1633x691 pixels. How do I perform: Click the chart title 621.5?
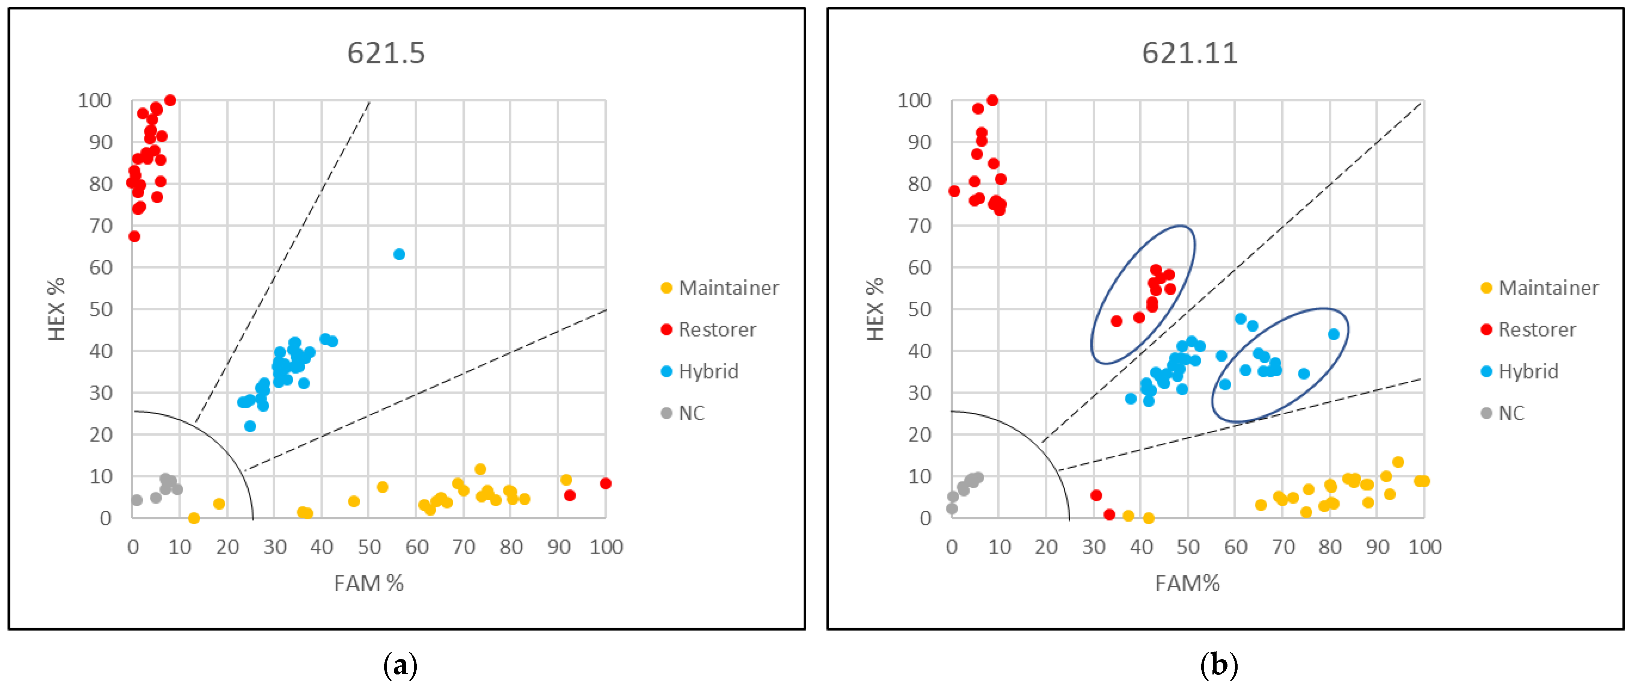386,53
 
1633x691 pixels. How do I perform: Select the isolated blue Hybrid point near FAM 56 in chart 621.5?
399,254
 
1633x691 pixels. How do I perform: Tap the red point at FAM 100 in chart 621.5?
605,484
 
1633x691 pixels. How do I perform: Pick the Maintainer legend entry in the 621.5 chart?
719,288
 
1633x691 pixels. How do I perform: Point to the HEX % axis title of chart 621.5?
57,309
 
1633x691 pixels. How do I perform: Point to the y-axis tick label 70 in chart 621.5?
101,226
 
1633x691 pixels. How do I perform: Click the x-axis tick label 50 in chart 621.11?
1188,546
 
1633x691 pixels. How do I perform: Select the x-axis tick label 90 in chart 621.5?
558,546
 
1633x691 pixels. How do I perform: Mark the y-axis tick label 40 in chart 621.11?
919,351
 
